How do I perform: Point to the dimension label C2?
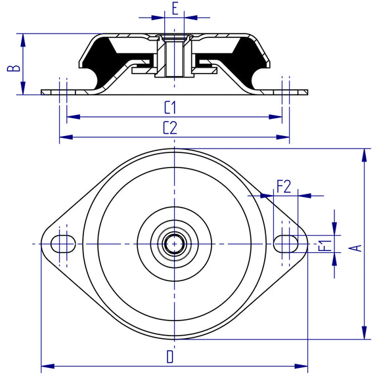pyautogui.click(x=170, y=129)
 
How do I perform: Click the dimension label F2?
pyautogui.click(x=284, y=187)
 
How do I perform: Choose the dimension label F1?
pyautogui.click(x=324, y=245)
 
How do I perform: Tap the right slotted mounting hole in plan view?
pyautogui.click(x=284, y=243)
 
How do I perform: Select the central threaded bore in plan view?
pyautogui.click(x=173, y=244)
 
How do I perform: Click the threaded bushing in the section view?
pyautogui.click(x=173, y=56)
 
